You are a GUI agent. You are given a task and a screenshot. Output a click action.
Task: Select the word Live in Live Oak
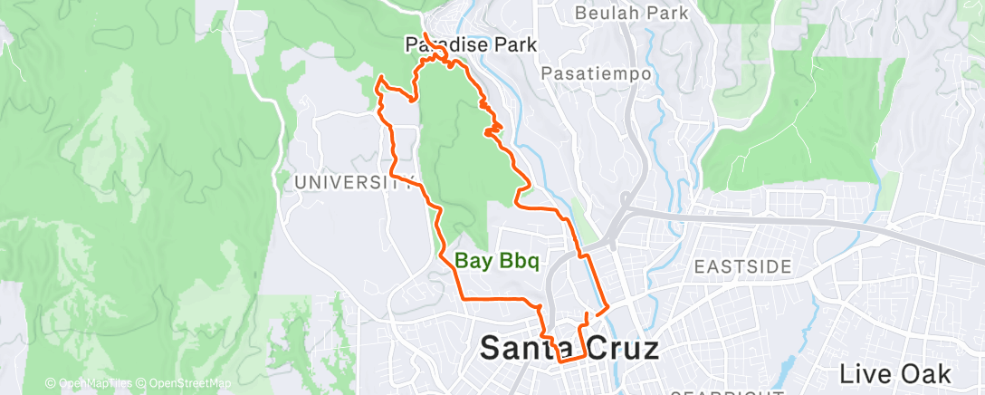pos(863,373)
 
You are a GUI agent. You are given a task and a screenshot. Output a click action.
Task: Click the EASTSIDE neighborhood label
pos(742,266)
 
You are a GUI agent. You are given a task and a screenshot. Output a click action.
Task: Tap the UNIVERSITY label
pos(347,182)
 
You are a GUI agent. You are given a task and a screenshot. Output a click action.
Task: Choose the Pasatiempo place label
pos(596,73)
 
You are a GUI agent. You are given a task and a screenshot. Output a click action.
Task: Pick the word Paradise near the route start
pos(441,44)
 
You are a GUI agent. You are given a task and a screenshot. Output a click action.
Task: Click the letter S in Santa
pos(491,347)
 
